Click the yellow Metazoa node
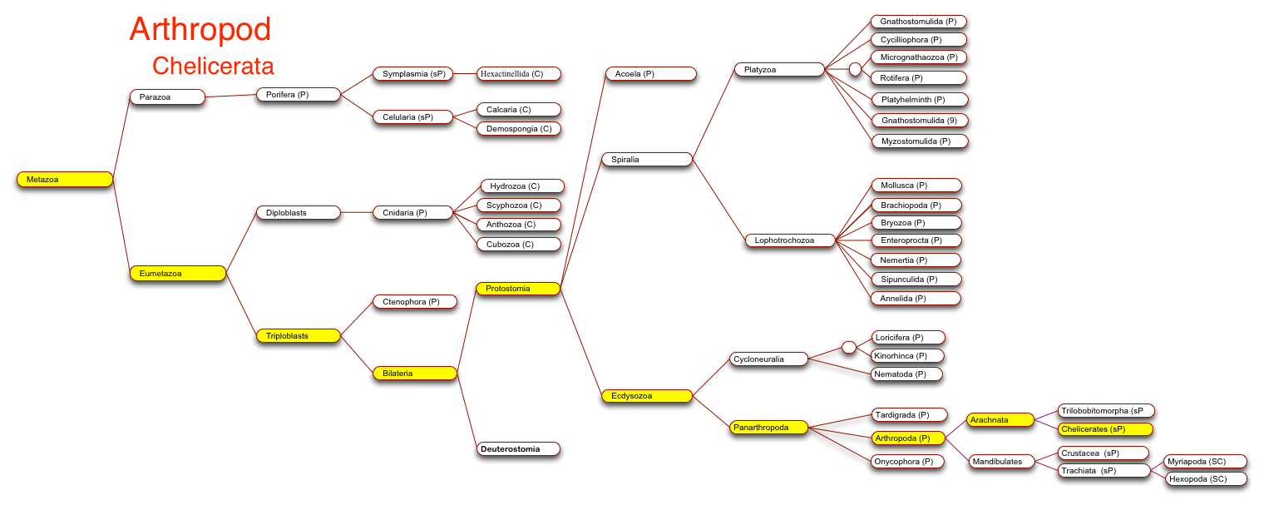click(65, 180)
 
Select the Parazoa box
click(168, 97)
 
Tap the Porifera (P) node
click(299, 95)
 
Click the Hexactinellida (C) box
click(519, 74)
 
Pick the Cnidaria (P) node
click(413, 213)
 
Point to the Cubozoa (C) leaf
click(519, 245)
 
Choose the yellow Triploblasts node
click(299, 336)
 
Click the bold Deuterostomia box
click(518, 449)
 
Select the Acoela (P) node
click(651, 74)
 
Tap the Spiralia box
click(647, 160)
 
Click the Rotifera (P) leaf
click(919, 78)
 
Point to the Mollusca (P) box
click(916, 186)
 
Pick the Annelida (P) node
click(916, 299)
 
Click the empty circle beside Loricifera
click(849, 348)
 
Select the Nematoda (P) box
click(907, 374)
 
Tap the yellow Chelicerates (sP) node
click(1105, 429)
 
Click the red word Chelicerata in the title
click(213, 66)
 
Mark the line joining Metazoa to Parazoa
click(121, 138)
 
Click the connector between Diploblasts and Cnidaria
click(357, 213)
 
